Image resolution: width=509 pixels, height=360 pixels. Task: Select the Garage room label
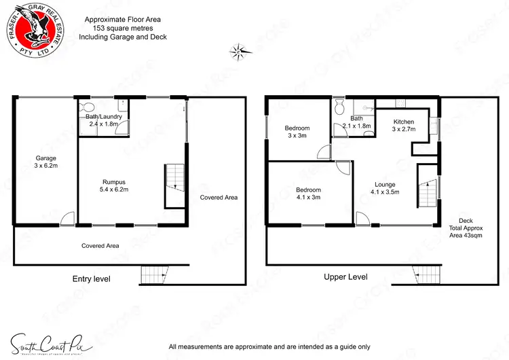46,162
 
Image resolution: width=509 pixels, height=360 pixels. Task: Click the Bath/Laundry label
103,120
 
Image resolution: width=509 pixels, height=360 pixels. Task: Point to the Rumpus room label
114,185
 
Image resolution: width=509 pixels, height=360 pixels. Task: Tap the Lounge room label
385,188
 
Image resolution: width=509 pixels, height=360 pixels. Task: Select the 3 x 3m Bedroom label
297,132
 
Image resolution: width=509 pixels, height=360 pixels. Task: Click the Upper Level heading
345,277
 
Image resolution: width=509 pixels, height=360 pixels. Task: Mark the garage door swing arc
67,219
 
